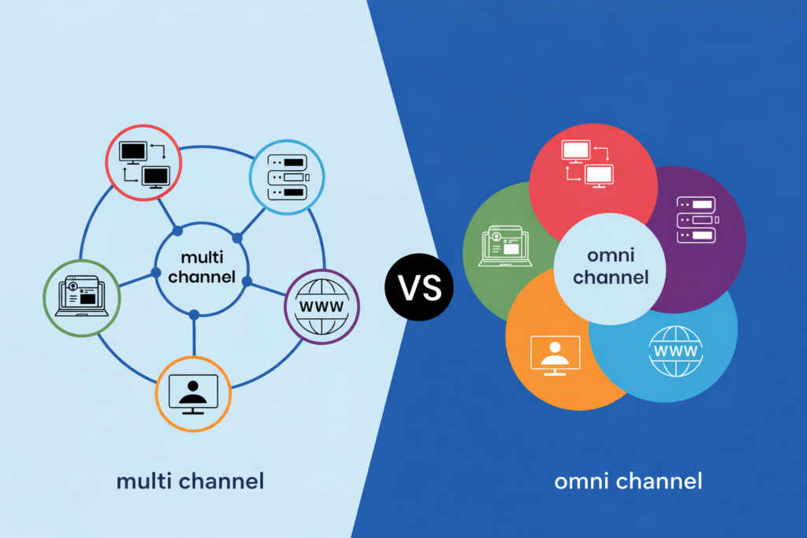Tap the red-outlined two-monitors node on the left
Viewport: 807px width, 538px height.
[x=143, y=161]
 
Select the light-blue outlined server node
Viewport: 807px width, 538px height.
[x=286, y=179]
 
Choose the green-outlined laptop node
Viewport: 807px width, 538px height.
[x=81, y=297]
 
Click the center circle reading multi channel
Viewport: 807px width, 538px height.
[x=202, y=267]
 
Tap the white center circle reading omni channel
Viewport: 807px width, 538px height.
[x=610, y=267]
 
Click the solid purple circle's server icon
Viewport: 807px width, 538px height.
[x=695, y=221]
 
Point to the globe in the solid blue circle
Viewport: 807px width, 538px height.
[x=675, y=350]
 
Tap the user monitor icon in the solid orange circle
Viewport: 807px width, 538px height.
[x=556, y=352]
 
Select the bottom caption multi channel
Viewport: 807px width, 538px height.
[x=190, y=480]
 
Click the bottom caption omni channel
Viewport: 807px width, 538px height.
[x=628, y=480]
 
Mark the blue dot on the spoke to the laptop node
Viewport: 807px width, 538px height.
[x=156, y=273]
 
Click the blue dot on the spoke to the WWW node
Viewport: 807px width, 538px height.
[x=247, y=281]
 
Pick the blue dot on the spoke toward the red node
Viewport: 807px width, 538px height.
[x=177, y=231]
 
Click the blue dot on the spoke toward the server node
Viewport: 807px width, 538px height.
[x=236, y=237]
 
